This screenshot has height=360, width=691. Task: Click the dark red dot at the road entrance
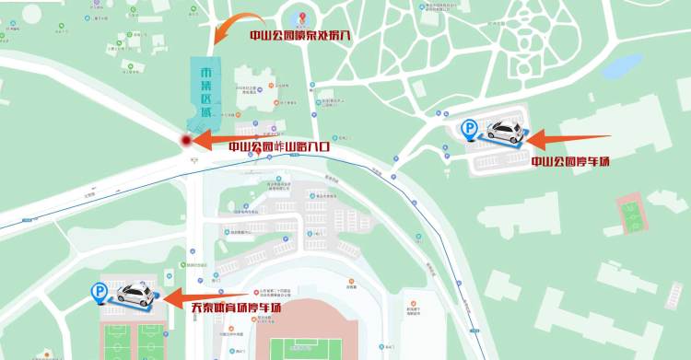tap(185, 140)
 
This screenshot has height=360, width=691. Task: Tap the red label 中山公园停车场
tap(571, 162)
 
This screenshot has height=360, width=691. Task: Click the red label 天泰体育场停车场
tap(236, 308)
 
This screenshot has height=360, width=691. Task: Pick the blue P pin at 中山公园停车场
tap(470, 131)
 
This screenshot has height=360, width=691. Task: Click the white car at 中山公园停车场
tap(504, 132)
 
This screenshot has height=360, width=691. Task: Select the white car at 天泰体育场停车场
tap(135, 294)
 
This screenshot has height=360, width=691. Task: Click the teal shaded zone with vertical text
tap(204, 93)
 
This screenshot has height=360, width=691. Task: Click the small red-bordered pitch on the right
tap(631, 215)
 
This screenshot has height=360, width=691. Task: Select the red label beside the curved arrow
tap(300, 37)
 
